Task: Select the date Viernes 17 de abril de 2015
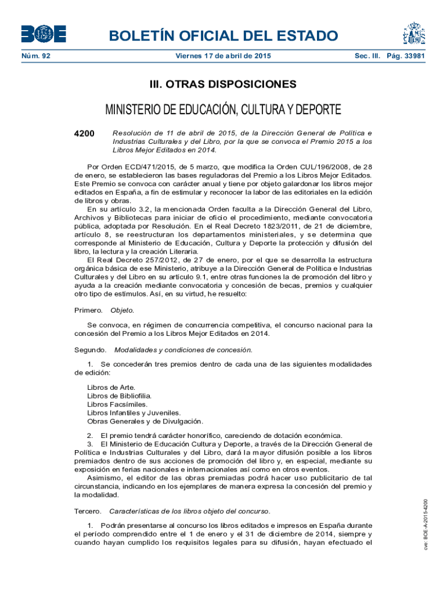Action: pos(223,56)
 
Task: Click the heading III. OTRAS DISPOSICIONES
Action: pos(223,85)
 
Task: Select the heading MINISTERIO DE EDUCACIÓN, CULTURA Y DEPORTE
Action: pos(223,110)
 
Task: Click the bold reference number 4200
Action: pos(85,133)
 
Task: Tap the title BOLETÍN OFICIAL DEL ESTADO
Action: pos(223,36)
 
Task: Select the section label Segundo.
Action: pos(90,350)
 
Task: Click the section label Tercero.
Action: pos(88,511)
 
